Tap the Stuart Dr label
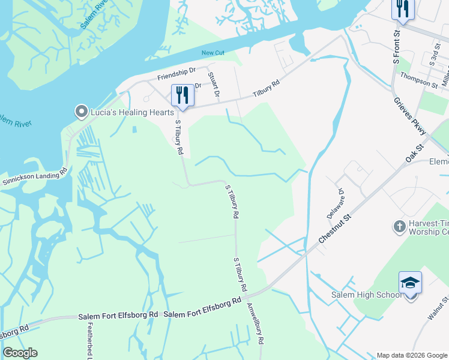213,85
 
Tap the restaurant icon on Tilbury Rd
182,96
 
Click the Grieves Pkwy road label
409,116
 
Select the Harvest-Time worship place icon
399,226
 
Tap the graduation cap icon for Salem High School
411,283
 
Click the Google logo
20,353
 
